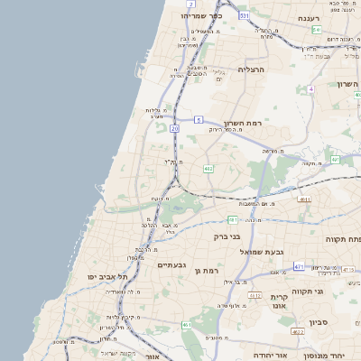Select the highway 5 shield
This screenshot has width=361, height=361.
(x=198, y=118)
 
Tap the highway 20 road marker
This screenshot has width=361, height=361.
(x=174, y=129)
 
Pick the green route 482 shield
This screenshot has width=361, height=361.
(x=208, y=168)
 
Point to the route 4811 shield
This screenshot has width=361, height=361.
(x=304, y=199)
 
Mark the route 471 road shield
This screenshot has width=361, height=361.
(x=299, y=267)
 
